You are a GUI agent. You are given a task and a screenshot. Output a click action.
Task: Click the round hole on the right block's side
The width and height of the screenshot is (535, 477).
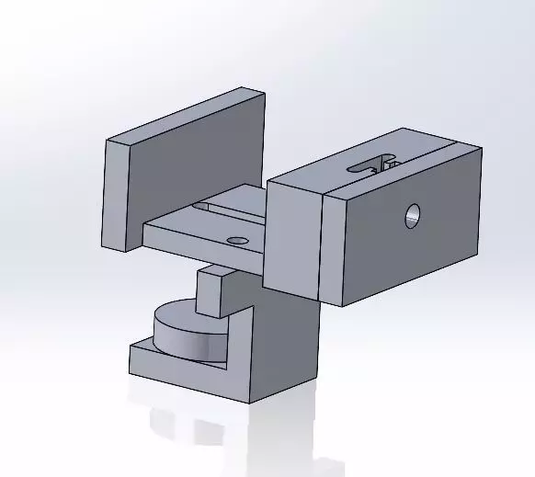click(413, 216)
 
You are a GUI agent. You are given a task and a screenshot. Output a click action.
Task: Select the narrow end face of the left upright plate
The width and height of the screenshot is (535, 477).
click(116, 196)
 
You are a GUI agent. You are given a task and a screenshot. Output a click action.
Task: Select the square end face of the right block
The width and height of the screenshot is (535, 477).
click(293, 235)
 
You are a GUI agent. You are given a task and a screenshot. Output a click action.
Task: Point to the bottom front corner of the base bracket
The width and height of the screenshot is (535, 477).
click(249, 403)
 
